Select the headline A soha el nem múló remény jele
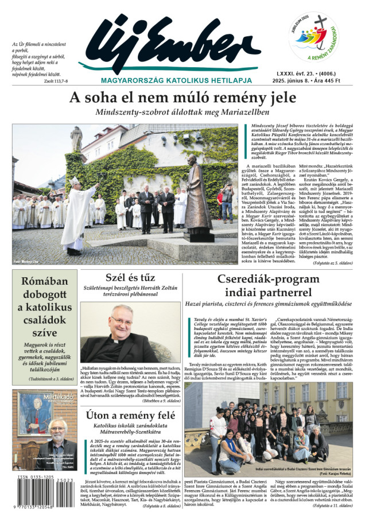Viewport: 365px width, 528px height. [182, 98]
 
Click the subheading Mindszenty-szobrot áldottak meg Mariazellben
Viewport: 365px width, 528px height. [182, 111]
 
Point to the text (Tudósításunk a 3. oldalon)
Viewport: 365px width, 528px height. [44, 379]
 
